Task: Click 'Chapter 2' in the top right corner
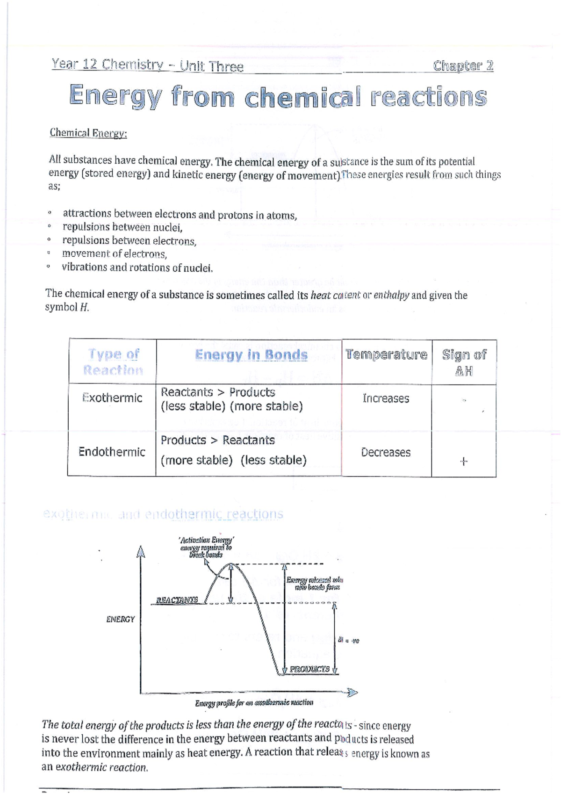[463, 65]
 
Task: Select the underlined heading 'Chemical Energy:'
[88, 133]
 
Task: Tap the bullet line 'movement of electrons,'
[115, 254]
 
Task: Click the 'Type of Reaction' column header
[113, 362]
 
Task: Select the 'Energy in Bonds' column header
[251, 355]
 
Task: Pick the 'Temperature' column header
[386, 355]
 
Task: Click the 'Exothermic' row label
[112, 398]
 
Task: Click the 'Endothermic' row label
[112, 452]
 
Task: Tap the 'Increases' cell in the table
[386, 399]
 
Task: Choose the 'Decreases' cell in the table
[386, 453]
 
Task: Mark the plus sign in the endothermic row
[463, 462]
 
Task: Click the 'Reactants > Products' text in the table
[218, 392]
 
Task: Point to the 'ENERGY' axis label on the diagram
[120, 619]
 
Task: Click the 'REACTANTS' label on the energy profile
[177, 600]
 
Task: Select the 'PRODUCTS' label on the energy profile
[309, 669]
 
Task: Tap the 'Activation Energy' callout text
[206, 540]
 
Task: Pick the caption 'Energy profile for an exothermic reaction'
[254, 703]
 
